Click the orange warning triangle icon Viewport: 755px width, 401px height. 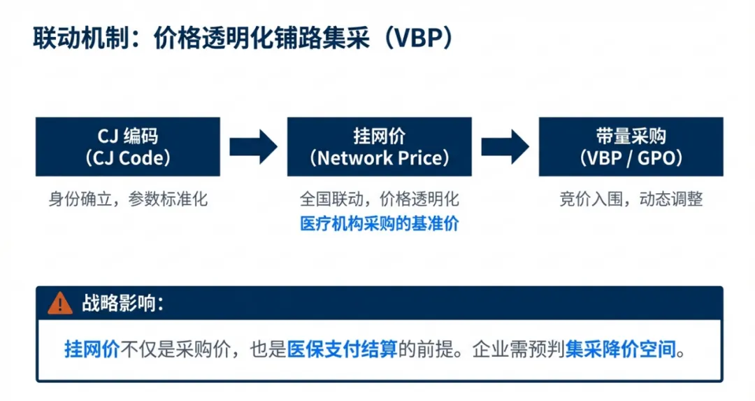(x=60, y=303)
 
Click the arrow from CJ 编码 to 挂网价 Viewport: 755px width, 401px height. (x=253, y=146)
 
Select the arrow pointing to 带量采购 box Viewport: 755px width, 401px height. (x=505, y=146)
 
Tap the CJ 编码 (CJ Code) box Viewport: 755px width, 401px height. (x=128, y=146)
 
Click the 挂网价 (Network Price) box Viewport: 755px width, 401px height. (x=379, y=146)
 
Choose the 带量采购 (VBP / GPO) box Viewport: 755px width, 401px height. (x=631, y=146)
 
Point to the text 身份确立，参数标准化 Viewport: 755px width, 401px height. (x=128, y=199)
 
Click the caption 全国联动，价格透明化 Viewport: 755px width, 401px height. (x=380, y=199)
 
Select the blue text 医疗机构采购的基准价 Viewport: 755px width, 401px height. (x=380, y=224)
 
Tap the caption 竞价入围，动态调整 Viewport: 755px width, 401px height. (x=631, y=199)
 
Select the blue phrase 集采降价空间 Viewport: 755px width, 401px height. (x=621, y=349)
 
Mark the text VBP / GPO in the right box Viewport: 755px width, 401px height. (x=631, y=158)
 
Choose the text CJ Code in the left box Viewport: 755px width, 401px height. (x=129, y=158)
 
